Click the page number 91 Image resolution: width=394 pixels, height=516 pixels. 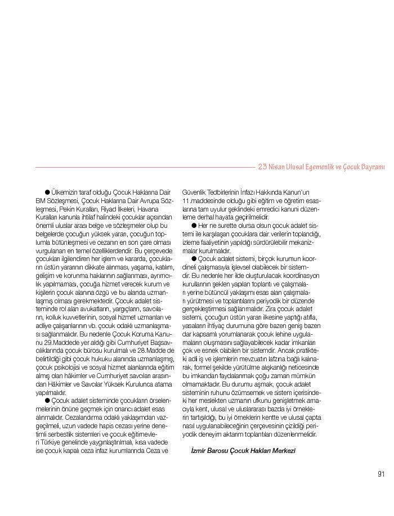pos(381,473)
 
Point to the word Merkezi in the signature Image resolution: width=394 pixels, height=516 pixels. pos(283,451)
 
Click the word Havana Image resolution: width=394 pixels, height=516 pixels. pos(148,209)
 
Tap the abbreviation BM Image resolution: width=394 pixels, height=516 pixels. pos(41,201)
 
